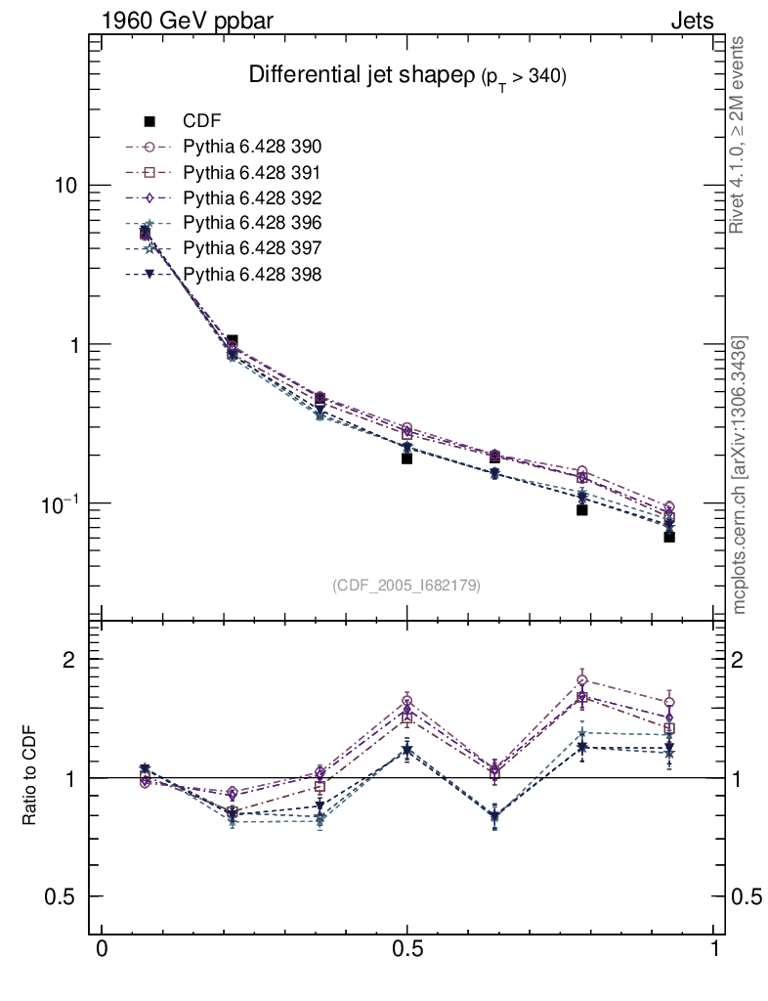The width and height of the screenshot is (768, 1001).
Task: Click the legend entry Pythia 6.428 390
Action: coord(252,148)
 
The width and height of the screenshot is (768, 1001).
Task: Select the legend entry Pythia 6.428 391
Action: coord(252,173)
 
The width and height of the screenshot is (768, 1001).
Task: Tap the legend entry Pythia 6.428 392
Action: coord(252,198)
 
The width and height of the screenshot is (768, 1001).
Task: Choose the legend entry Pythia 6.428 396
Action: coord(252,224)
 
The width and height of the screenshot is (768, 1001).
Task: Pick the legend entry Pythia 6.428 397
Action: coord(252,249)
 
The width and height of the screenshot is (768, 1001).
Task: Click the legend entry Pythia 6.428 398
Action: coord(252,275)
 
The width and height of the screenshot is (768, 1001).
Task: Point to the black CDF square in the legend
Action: coord(149,121)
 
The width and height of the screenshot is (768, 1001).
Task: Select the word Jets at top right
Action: coord(691,21)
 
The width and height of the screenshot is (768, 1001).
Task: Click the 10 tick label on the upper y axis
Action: coord(69,186)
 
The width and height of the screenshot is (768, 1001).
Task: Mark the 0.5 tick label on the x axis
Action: coord(407,949)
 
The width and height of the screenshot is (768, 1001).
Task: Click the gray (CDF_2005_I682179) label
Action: coord(406,585)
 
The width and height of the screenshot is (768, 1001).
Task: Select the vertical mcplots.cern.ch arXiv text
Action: coord(741,475)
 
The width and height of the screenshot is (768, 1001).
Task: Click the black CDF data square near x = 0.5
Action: coord(406,457)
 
